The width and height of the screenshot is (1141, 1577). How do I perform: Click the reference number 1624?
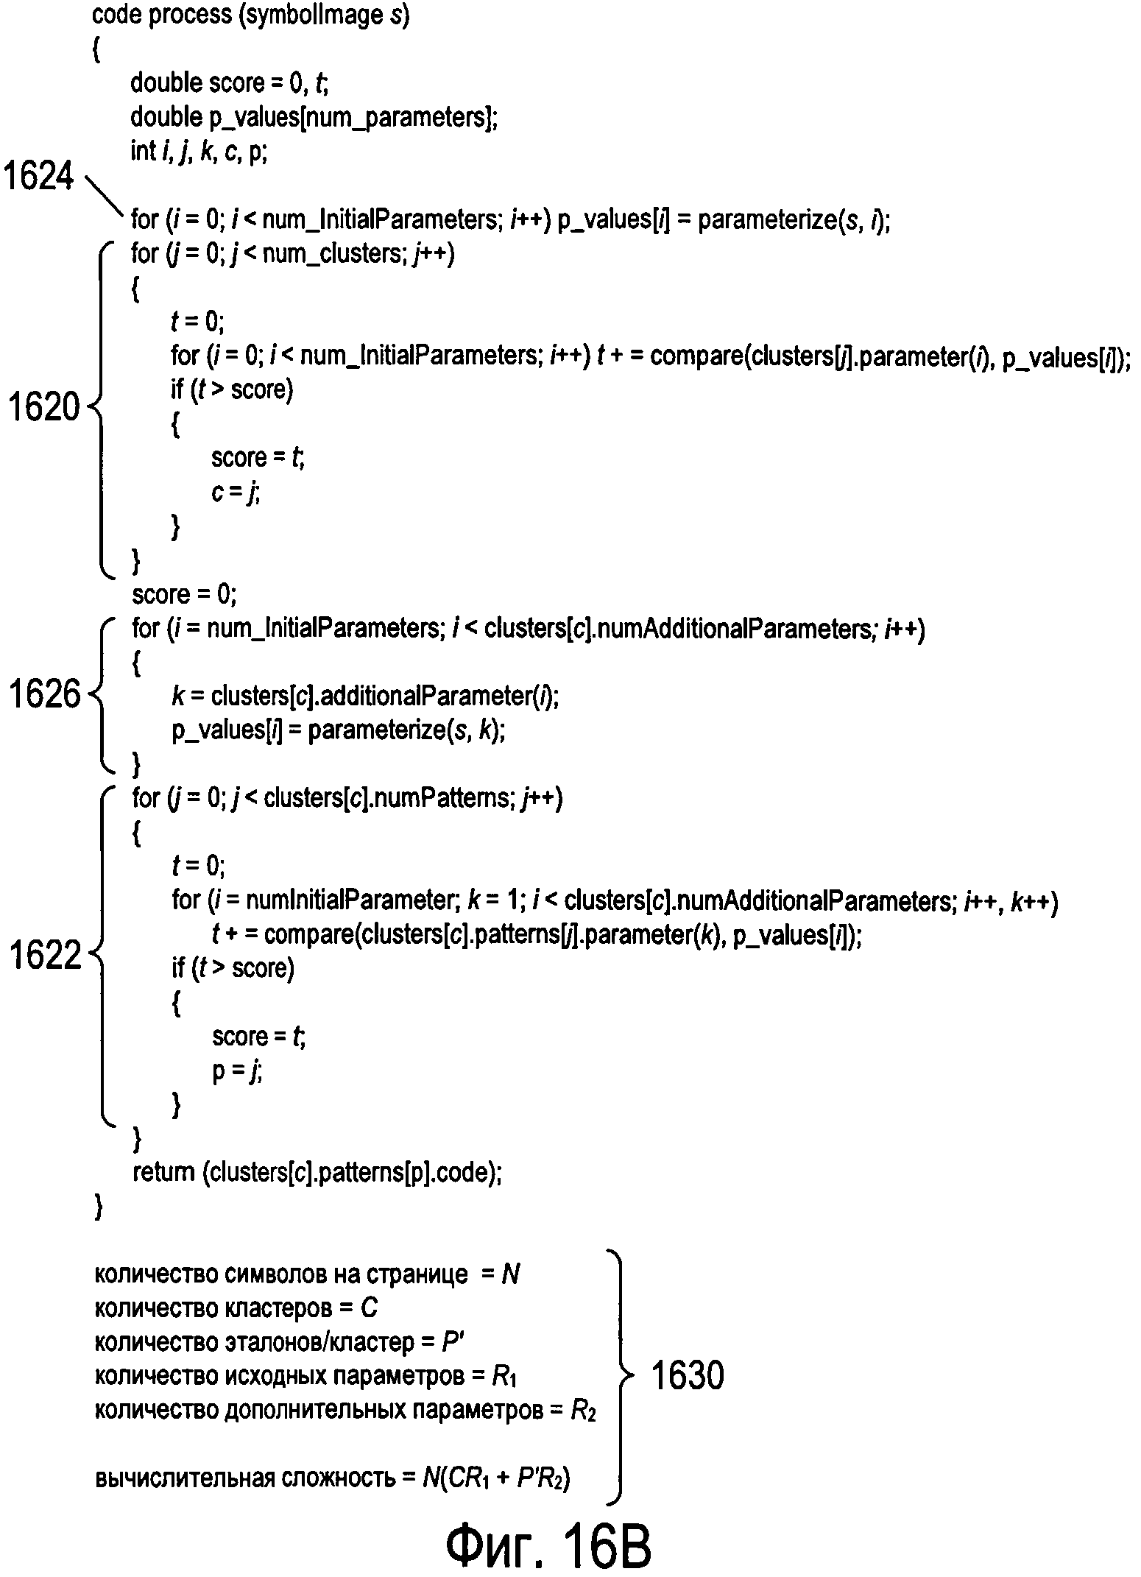click(x=40, y=177)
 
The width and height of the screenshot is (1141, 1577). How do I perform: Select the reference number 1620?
click(x=43, y=407)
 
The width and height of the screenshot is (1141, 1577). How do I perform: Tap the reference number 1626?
click(x=43, y=694)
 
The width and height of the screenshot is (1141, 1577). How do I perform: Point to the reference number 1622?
click(x=43, y=956)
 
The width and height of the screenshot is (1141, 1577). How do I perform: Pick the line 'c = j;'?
click(x=236, y=492)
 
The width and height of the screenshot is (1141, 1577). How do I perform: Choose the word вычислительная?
click(x=184, y=1478)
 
